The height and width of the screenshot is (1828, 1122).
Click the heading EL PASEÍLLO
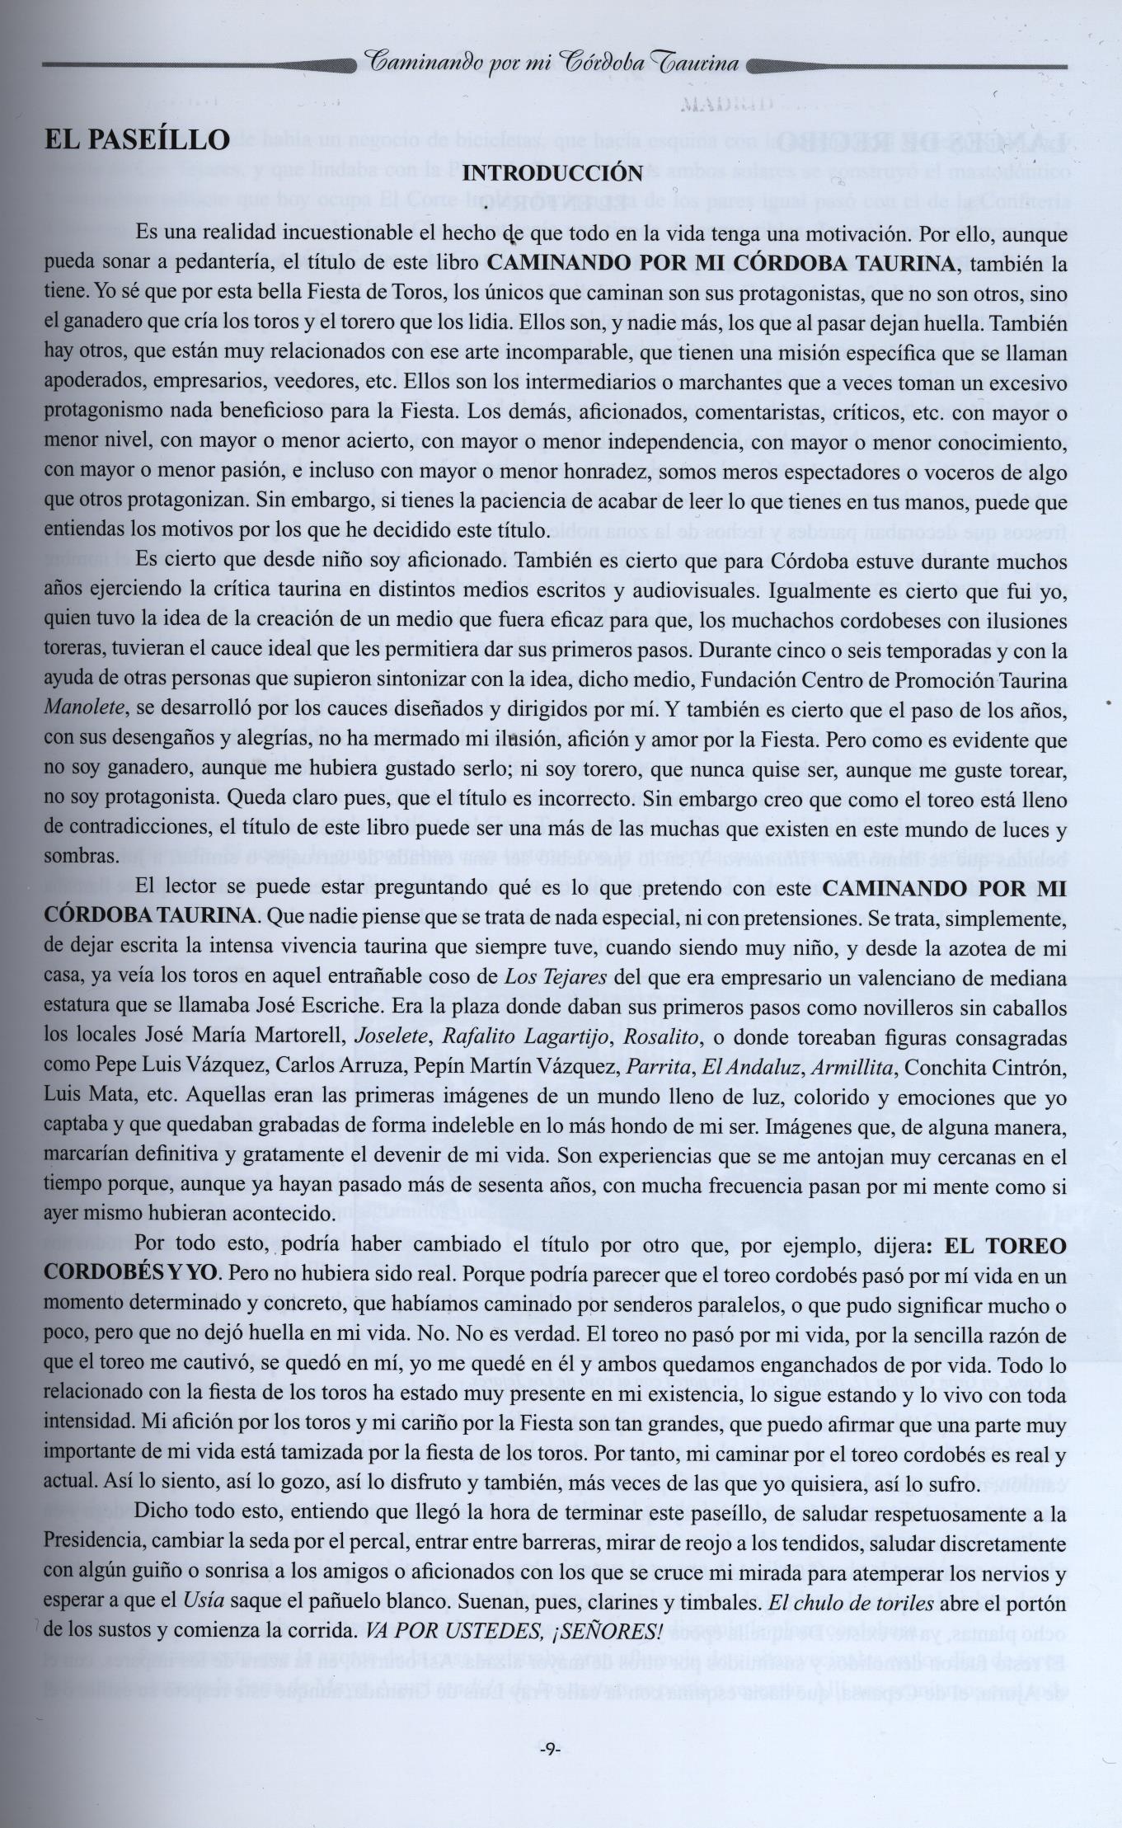(137, 139)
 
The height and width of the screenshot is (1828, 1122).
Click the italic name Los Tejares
(555, 978)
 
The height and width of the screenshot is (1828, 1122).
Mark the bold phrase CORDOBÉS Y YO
(131, 1273)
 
